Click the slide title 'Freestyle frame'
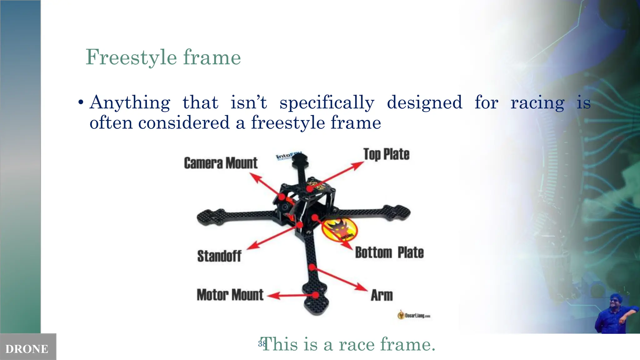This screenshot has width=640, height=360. tap(163, 57)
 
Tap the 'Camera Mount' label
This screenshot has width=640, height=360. tap(221, 163)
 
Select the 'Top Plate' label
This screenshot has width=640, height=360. tap(386, 154)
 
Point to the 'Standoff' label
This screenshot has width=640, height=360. tap(219, 256)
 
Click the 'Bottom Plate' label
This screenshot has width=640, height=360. tap(389, 252)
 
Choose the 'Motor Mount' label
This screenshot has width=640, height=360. tap(230, 295)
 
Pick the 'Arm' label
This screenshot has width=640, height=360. tap(382, 295)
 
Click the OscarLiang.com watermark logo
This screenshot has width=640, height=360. tap(414, 315)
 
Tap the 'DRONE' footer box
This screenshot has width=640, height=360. tap(27, 348)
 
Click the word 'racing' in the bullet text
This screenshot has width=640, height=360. tap(537, 102)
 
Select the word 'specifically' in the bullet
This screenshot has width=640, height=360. tap(327, 102)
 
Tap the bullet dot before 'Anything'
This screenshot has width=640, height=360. tap(81, 102)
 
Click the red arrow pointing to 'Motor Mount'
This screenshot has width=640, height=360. tap(291, 295)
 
